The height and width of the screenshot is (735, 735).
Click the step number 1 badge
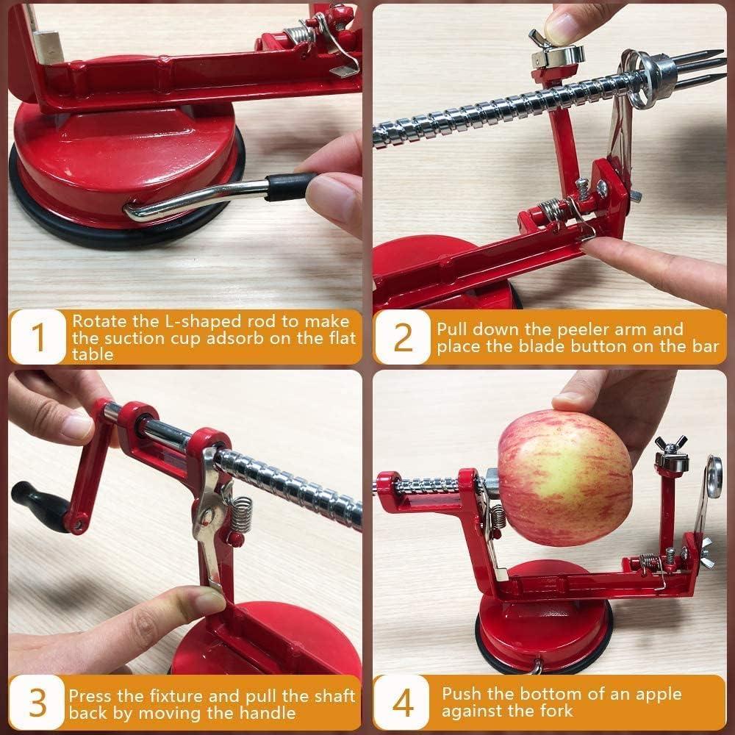coord(37,337)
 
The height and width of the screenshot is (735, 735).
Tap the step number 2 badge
coord(403,337)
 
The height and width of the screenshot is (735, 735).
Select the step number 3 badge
coord(37,703)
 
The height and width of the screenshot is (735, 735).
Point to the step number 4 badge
coord(403,703)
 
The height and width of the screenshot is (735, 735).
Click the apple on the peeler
coord(564,477)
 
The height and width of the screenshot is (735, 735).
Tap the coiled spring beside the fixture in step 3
coord(240,514)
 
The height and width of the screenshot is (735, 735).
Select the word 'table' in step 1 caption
coord(93,354)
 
